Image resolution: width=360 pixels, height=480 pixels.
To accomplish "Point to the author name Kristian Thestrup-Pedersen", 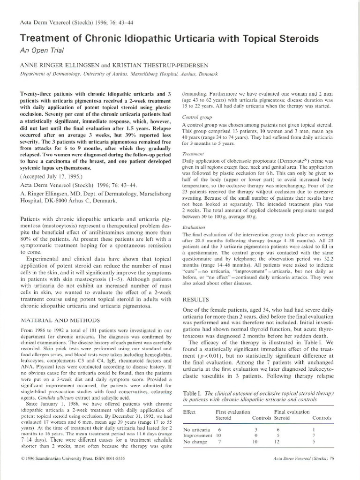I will [x=152, y=65].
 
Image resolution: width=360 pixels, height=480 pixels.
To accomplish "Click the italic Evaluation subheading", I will [x=192, y=227].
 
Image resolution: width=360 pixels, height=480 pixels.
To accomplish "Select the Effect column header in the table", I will [x=189, y=411].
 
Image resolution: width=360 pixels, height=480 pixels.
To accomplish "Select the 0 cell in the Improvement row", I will [x=255, y=435].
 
